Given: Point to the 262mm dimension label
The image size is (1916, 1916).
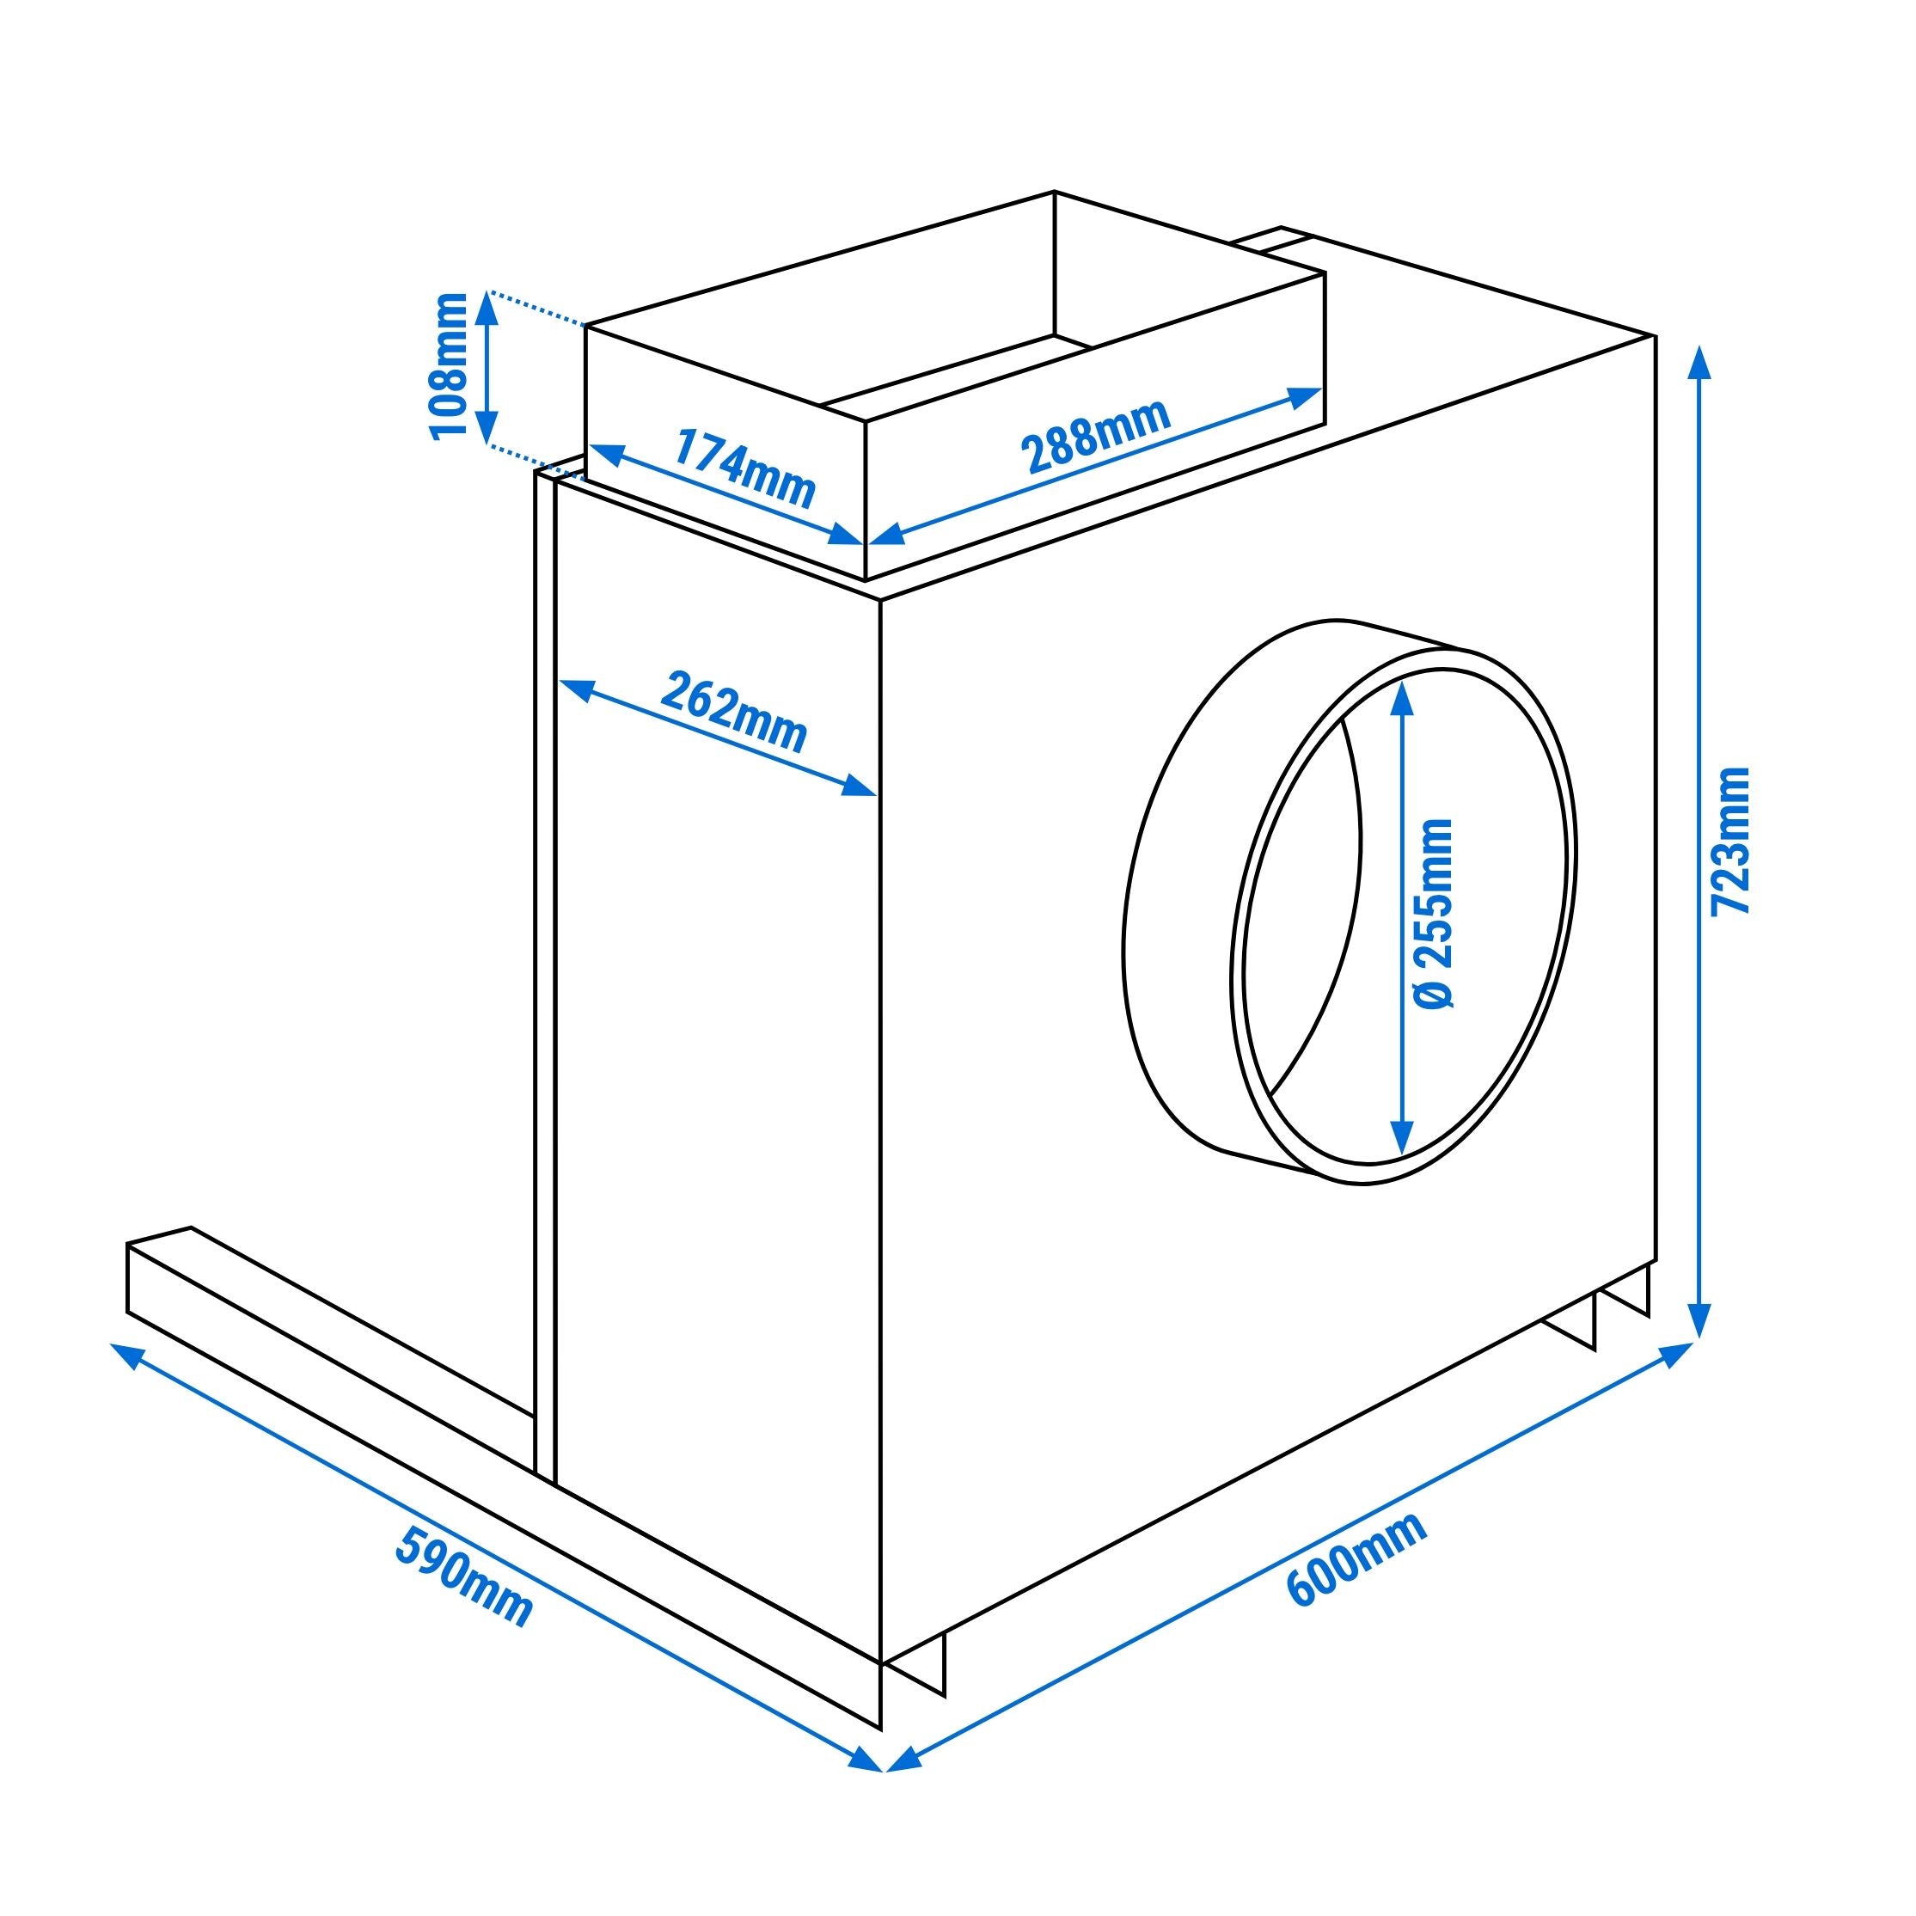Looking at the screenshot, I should click(734, 712).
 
